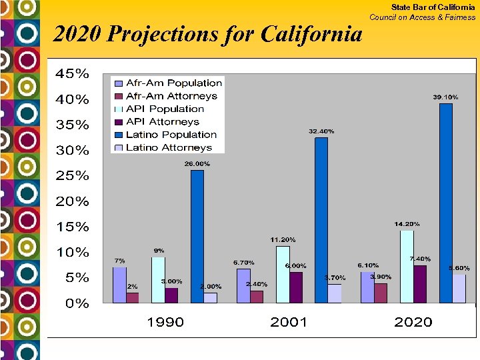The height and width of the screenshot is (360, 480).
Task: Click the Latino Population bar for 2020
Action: tap(446, 203)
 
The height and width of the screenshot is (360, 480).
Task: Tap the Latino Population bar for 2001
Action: tap(321, 220)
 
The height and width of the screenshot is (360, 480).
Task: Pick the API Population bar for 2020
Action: tap(407, 267)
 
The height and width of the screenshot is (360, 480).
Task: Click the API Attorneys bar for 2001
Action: tap(296, 287)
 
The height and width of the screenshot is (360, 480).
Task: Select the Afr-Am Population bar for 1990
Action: tap(119, 285)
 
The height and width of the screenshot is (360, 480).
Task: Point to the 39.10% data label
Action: tap(445, 97)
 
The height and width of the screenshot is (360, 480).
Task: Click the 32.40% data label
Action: tap(321, 131)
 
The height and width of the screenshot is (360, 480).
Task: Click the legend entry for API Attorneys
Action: tap(163, 122)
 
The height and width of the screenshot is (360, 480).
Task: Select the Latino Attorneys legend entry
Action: tap(169, 148)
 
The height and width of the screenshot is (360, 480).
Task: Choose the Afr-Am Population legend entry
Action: tap(173, 83)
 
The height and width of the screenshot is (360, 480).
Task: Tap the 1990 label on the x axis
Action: tap(165, 323)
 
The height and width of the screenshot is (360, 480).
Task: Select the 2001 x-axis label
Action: tap(289, 323)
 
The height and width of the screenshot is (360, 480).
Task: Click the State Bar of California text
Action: tap(433, 7)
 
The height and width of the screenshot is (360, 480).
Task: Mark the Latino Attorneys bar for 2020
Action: tap(459, 289)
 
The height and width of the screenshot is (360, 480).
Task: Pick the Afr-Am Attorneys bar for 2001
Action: tap(257, 297)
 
